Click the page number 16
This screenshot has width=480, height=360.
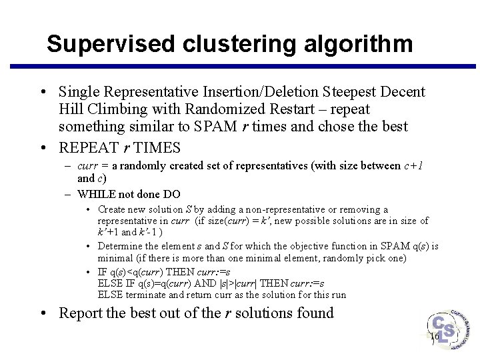434,337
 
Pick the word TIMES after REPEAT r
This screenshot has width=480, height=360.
157,147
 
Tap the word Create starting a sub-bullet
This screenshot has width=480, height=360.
113,210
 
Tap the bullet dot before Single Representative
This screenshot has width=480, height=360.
43,92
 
